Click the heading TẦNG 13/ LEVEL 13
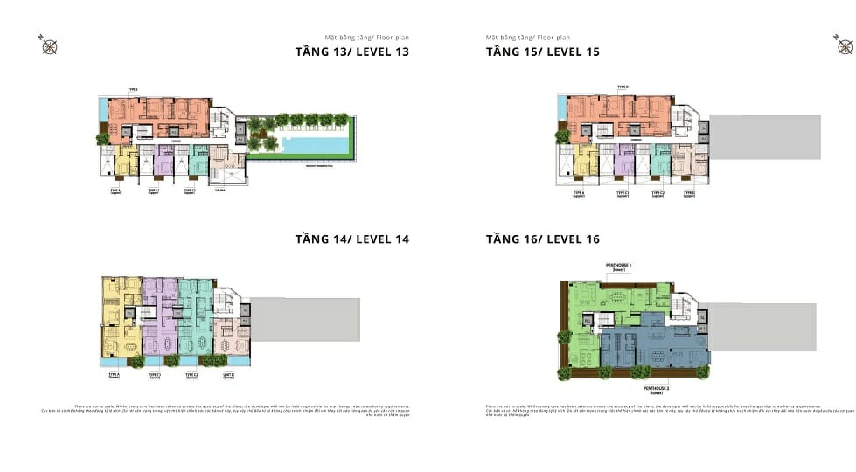pos(351,52)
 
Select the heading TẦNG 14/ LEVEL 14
pos(351,239)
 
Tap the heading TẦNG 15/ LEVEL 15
pos(542,52)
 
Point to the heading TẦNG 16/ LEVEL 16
pos(542,239)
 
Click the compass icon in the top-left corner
pos(49,45)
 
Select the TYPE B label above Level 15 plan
pos(623,87)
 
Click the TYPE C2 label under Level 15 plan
pos(658,193)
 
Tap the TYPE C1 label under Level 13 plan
pos(153,191)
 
